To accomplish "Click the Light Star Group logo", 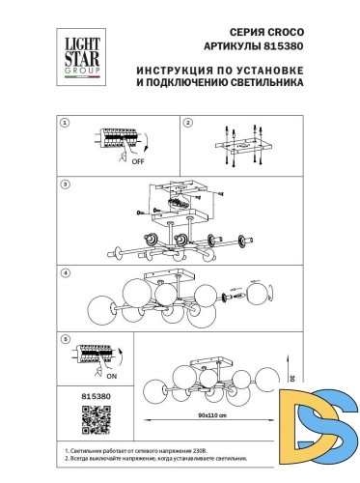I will coord(80,50).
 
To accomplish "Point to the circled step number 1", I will coord(64,124).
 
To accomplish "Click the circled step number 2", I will coord(188,124).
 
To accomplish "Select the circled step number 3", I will coord(64,183).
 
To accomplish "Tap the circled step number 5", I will coord(64,339).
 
